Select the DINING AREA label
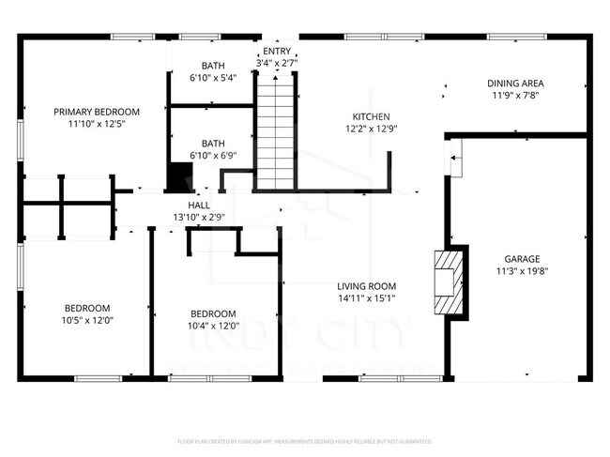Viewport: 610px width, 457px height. [x=515, y=83]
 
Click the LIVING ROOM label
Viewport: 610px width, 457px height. [x=367, y=286]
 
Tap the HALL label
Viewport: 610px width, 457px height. [x=198, y=205]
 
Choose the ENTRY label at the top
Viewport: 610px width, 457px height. [x=277, y=52]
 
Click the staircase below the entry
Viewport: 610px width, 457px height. [x=276, y=135]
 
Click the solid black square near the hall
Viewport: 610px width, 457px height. [x=178, y=176]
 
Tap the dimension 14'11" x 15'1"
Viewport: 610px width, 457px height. [x=367, y=299]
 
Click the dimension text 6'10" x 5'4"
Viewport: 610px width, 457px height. [x=212, y=78]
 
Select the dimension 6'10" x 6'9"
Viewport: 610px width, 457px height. [x=212, y=156]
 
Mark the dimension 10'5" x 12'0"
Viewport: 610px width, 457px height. [x=87, y=321]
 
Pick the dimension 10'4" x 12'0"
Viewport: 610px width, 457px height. [x=213, y=327]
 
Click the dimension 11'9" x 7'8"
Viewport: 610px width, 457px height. [x=515, y=96]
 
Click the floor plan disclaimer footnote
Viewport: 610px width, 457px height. [x=304, y=440]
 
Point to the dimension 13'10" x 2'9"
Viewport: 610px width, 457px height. [x=198, y=218]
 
